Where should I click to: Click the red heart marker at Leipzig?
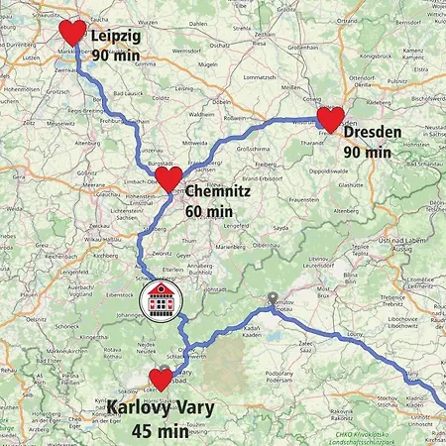pyautogui.click(x=73, y=32)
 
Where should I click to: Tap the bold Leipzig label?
pyautogui.click(x=115, y=37)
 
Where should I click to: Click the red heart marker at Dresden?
pyautogui.click(x=330, y=119)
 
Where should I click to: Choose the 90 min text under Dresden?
pyautogui.click(x=367, y=153)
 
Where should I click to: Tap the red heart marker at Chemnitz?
pyautogui.click(x=170, y=178)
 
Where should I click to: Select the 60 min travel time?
pyautogui.click(x=208, y=211)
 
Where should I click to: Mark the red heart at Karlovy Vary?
pyautogui.click(x=161, y=379)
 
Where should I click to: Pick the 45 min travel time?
pyautogui.click(x=160, y=431)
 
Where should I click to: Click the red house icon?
pyautogui.click(x=160, y=299)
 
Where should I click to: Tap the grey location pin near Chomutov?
pyautogui.click(x=273, y=297)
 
